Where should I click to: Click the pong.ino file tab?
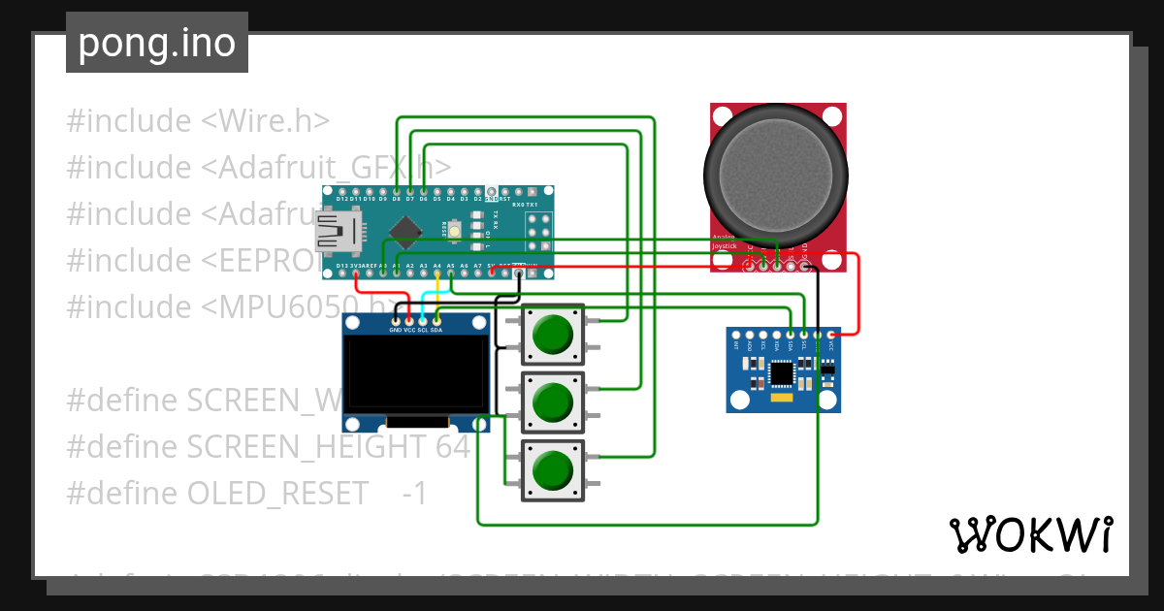tap(156, 43)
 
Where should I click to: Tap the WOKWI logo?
tap(1029, 534)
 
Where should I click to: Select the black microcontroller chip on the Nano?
tap(404, 230)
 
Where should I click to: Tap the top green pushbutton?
tap(553, 335)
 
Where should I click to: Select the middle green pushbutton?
tap(553, 402)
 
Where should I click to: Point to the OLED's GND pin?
tap(395, 320)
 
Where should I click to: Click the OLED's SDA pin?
tap(436, 320)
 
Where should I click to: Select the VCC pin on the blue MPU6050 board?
tap(830, 335)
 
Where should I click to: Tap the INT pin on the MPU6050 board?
tap(736, 335)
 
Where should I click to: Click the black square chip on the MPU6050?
tap(782, 372)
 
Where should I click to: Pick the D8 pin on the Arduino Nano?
tap(397, 190)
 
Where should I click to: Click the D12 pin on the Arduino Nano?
tap(342, 190)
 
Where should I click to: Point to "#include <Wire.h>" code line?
tap(198, 121)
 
